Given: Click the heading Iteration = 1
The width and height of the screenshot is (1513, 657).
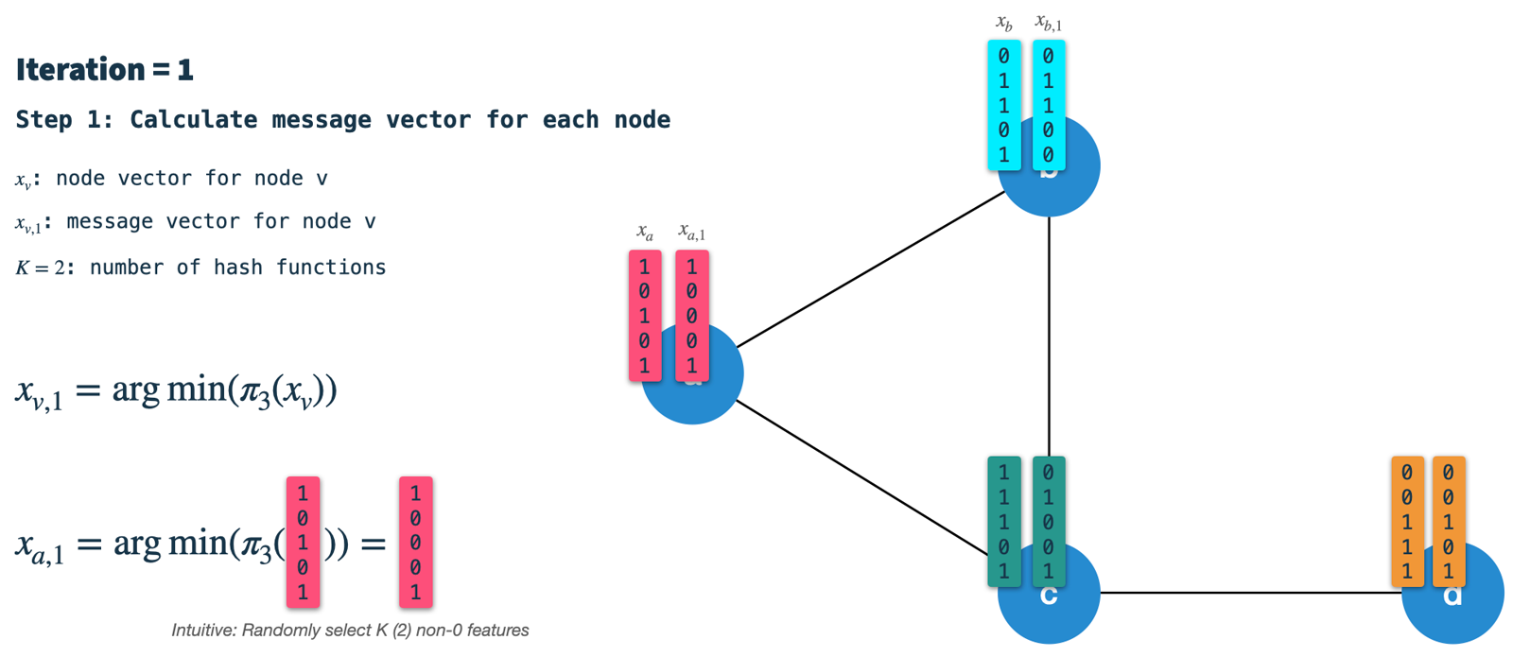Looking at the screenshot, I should (x=104, y=69).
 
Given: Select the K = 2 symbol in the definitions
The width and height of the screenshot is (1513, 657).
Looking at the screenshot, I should (x=42, y=268).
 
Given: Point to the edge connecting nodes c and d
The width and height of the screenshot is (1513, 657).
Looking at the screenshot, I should (x=1248, y=593).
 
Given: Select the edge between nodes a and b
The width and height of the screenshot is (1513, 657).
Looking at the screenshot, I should (x=870, y=270).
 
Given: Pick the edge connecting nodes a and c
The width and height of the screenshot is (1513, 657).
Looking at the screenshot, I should (x=861, y=478).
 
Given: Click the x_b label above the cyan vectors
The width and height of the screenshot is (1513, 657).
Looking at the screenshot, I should (x=1004, y=23).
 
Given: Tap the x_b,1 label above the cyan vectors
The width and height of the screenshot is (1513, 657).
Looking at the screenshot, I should (x=1048, y=23).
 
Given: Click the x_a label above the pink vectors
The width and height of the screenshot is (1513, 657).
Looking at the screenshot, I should (x=645, y=232).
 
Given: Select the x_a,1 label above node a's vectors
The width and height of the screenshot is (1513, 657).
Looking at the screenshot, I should (x=691, y=232).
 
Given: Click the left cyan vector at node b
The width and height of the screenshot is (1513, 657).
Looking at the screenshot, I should (x=1004, y=105).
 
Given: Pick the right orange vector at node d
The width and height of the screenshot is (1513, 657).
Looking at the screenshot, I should (x=1449, y=522).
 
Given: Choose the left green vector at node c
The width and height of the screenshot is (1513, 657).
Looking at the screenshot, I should (x=1004, y=522).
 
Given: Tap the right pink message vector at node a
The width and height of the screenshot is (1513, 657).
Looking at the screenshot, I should (x=692, y=316).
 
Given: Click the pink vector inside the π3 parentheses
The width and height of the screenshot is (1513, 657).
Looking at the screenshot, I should (x=303, y=542).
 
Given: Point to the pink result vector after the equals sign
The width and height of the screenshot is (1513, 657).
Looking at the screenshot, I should (x=415, y=542).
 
